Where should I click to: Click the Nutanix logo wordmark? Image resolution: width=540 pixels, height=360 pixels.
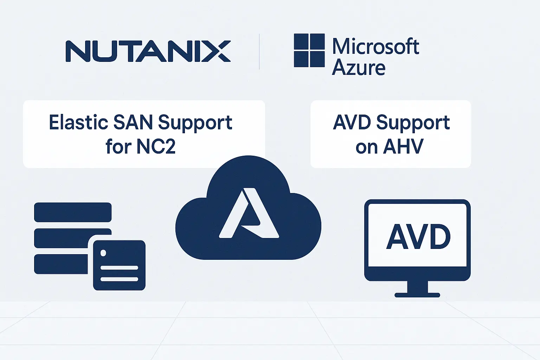tap(148, 51)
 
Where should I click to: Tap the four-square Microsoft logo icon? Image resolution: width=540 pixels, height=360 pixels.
tap(309, 50)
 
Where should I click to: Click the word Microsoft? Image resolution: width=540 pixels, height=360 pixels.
tap(375, 46)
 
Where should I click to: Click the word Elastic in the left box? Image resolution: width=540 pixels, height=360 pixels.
tap(78, 123)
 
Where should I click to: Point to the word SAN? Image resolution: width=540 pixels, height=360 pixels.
tap(133, 123)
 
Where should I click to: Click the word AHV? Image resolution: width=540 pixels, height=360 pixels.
tap(403, 147)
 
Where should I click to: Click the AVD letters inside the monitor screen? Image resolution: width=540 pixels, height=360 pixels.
tap(418, 237)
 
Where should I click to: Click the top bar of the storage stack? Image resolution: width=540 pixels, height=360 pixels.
tap(73, 212)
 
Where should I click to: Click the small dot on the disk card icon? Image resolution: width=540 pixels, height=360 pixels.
tap(103, 253)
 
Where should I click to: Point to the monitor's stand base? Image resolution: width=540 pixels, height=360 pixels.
tap(417, 295)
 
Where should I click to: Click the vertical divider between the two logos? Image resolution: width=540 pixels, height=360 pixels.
tap(259, 51)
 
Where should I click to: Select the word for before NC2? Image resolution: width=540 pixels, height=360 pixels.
tap(118, 147)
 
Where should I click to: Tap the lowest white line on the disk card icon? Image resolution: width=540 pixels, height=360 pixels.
tap(119, 279)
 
